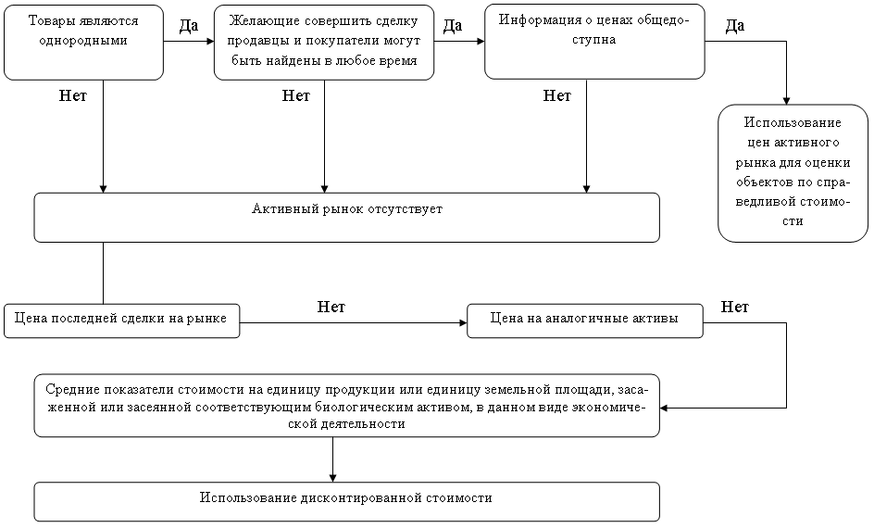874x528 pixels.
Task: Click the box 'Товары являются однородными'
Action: pyautogui.click(x=83, y=43)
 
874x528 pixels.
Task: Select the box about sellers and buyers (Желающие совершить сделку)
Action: pyautogui.click(x=324, y=43)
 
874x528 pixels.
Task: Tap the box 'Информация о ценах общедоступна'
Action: pyautogui.click(x=594, y=42)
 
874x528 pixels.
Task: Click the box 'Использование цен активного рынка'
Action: pyautogui.click(x=793, y=173)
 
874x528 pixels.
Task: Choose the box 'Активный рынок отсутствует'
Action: pyautogui.click(x=346, y=218)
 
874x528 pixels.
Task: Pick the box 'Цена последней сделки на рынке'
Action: pyautogui.click(x=121, y=321)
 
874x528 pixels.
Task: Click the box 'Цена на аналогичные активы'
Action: pyautogui.click(x=585, y=321)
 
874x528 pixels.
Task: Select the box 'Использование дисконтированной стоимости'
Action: pyautogui.click(x=346, y=501)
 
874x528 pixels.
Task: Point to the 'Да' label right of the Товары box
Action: pyautogui.click(x=189, y=26)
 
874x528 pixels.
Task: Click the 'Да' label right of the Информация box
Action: pyautogui.click(x=735, y=26)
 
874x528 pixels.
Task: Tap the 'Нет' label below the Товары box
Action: pyautogui.click(x=73, y=96)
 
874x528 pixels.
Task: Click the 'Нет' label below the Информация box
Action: pyautogui.click(x=556, y=96)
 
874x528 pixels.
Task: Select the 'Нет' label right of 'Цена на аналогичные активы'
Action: pyautogui.click(x=734, y=307)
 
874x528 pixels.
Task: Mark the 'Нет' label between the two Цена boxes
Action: pyautogui.click(x=331, y=307)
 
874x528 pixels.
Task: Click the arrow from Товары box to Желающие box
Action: pyautogui.click(x=189, y=42)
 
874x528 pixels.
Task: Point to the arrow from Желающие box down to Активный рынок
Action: pyautogui.click(x=324, y=136)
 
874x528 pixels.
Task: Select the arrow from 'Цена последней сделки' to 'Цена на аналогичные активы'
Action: pyautogui.click(x=354, y=322)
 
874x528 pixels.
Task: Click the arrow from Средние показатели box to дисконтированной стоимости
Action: pyautogui.click(x=332, y=459)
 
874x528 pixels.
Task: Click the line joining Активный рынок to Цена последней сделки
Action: pyautogui.click(x=103, y=273)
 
